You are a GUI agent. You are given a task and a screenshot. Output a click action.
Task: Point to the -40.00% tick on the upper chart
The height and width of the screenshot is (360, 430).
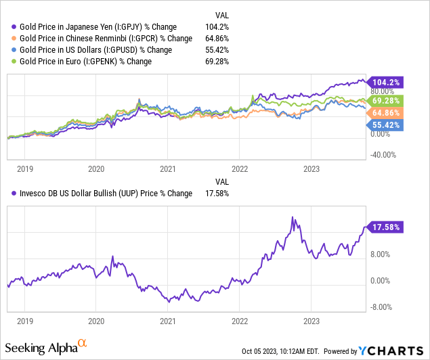click(x=383, y=154)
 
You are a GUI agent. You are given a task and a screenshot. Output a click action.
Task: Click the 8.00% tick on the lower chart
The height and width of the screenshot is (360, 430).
click(x=381, y=254)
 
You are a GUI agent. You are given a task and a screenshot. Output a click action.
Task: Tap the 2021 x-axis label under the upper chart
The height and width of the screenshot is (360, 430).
click(x=168, y=168)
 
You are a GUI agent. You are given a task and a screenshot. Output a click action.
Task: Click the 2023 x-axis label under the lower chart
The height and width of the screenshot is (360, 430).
click(x=311, y=321)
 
